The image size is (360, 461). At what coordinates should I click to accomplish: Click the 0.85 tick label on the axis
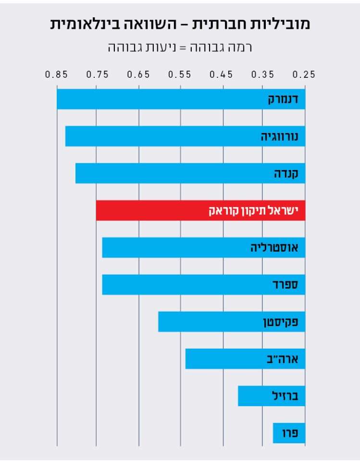click(56, 74)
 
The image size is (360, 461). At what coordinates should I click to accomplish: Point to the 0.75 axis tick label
click(98, 74)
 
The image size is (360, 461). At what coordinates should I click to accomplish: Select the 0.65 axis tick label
click(139, 74)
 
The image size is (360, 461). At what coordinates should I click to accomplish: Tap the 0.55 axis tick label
click(180, 74)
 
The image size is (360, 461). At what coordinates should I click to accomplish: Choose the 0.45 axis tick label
click(222, 74)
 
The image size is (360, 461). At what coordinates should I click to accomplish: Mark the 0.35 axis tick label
click(263, 74)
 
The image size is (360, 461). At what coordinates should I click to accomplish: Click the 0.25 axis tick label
click(304, 74)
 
